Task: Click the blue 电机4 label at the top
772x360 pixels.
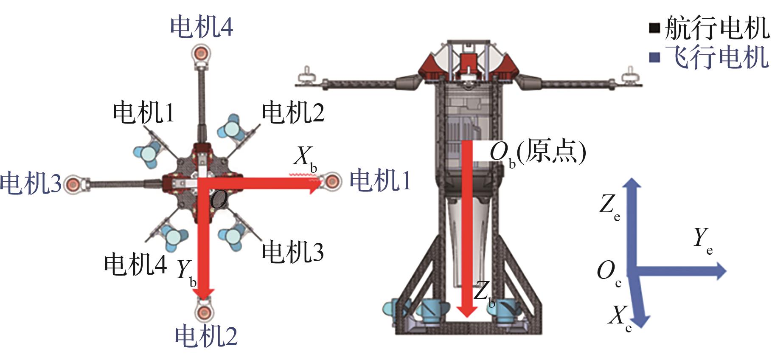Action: [x=202, y=26]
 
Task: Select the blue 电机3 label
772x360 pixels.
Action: [x=31, y=183]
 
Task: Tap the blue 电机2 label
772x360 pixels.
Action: [x=206, y=336]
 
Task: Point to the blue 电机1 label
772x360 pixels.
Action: [x=380, y=180]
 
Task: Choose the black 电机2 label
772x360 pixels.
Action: [x=293, y=112]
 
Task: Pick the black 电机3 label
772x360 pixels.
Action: [x=293, y=251]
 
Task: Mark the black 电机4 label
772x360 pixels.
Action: [x=135, y=264]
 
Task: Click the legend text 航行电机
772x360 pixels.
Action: [x=716, y=28]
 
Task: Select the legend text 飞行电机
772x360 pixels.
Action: [x=716, y=57]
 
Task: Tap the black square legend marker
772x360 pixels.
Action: [x=654, y=28]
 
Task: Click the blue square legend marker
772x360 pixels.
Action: [x=655, y=57]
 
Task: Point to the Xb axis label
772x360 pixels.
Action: [x=305, y=158]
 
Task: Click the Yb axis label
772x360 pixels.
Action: [x=186, y=272]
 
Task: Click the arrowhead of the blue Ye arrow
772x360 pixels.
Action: [x=721, y=271]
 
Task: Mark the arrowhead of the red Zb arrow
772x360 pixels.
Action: [x=467, y=312]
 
